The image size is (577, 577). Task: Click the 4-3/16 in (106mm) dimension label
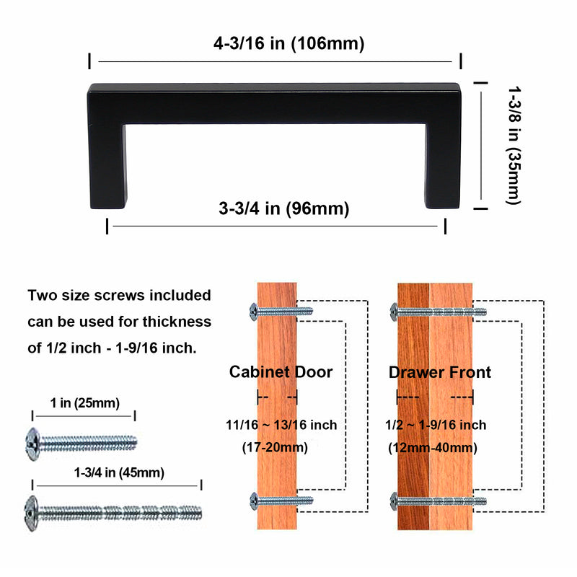pyautogui.click(x=288, y=43)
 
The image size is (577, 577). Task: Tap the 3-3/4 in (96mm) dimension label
pyautogui.click(x=283, y=209)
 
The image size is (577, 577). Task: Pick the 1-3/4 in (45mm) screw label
pyautogui.click(x=119, y=473)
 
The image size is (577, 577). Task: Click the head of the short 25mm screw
pyautogui.click(x=32, y=439)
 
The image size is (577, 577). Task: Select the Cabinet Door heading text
pyautogui.click(x=281, y=372)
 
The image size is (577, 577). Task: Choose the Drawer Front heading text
pyautogui.click(x=439, y=372)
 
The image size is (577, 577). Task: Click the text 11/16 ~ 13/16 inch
pyautogui.click(x=281, y=425)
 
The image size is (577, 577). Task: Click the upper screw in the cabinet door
pyautogui.click(x=281, y=311)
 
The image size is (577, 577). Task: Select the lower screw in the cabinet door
pyautogui.click(x=281, y=500)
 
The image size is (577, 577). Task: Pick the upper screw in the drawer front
pyautogui.click(x=438, y=312)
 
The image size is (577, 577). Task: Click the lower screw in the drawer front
pyautogui.click(x=438, y=500)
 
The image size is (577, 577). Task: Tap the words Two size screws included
pyautogui.click(x=119, y=295)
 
